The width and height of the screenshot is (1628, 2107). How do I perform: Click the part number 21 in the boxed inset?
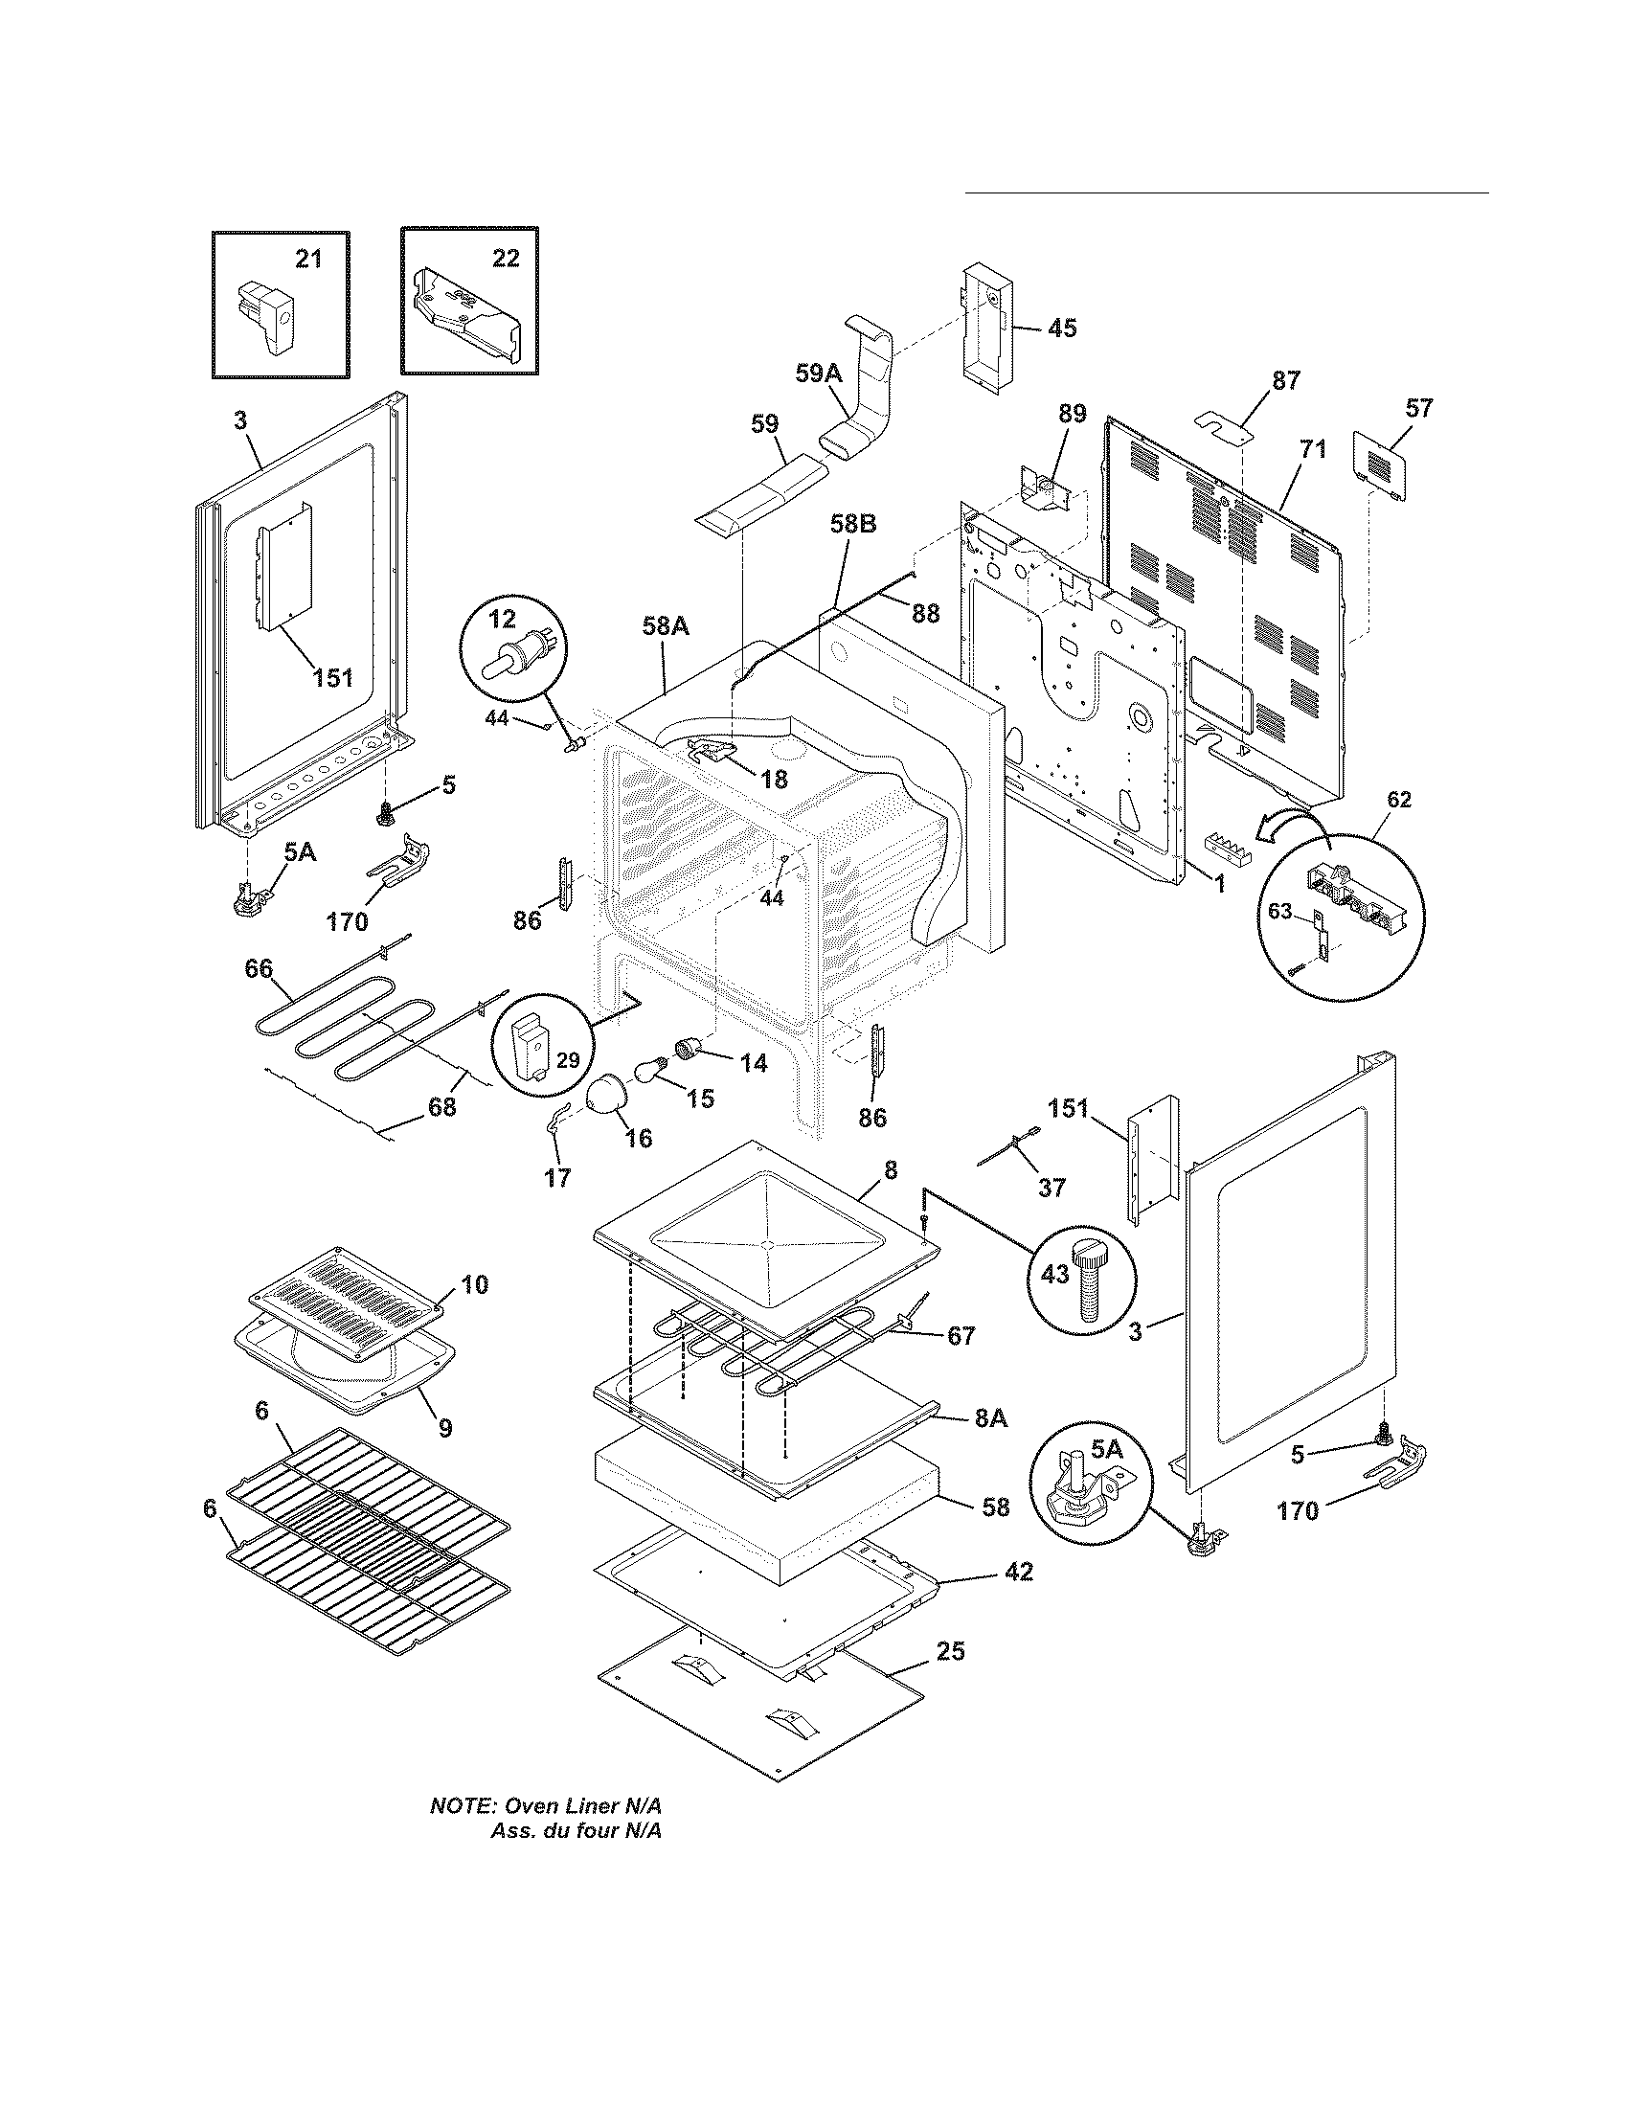308,260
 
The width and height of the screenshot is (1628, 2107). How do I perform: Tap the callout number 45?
1061,328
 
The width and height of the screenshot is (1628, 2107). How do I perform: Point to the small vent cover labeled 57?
1380,466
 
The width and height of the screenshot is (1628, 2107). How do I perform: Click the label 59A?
818,373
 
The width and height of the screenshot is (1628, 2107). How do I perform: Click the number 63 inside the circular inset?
1278,911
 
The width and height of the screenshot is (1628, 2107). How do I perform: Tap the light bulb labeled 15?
646,1070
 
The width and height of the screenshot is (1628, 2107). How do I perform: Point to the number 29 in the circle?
569,1060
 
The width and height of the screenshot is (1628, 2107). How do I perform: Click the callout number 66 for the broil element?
259,968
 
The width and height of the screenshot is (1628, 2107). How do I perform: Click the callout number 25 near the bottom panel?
950,1651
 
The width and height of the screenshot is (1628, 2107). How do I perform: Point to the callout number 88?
925,614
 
